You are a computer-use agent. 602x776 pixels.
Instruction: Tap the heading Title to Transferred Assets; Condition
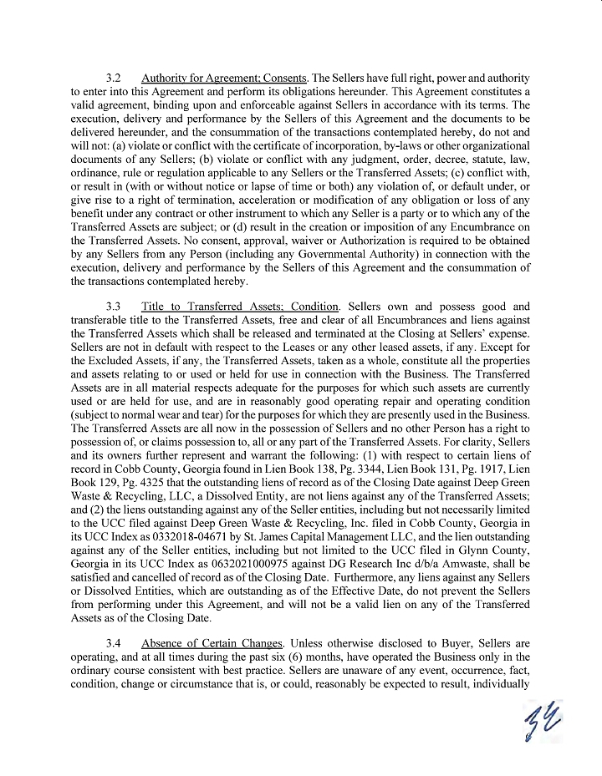tap(240, 307)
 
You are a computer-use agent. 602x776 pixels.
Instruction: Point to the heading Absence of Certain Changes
tap(213, 643)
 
